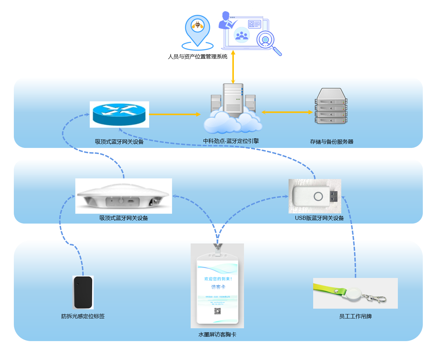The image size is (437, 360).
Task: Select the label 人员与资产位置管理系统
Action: (197, 57)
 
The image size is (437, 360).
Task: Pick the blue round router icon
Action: (119, 114)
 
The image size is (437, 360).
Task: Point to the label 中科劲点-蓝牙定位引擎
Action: (231, 141)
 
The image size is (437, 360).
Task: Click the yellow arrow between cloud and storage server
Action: (287, 112)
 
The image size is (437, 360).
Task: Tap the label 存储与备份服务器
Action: (331, 142)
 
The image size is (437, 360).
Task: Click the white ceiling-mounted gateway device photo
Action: (124, 196)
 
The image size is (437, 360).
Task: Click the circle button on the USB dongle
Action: (318, 196)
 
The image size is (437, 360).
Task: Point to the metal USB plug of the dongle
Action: (333, 196)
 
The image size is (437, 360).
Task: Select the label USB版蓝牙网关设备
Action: (319, 218)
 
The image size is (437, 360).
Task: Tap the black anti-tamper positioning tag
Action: (83, 292)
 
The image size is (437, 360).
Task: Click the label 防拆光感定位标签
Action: (83, 316)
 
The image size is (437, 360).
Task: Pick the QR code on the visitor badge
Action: (217, 311)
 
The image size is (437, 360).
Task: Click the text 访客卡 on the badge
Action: (218, 287)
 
